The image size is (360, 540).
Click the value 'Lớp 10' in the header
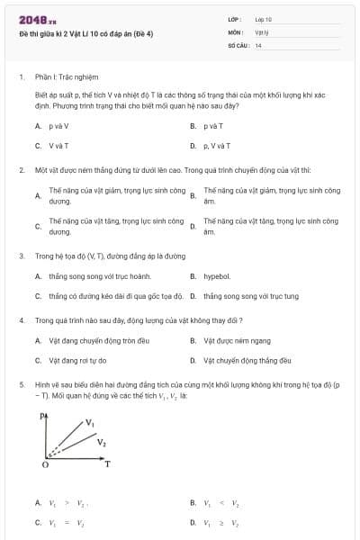264,19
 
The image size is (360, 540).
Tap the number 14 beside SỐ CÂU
258,44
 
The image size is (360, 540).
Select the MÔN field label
237,31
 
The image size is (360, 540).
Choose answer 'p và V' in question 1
58,126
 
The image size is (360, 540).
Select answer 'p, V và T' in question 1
217,145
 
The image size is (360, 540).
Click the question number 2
21,169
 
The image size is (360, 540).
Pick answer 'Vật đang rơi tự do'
77,360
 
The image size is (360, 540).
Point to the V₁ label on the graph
90,421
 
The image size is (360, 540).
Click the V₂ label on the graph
102,442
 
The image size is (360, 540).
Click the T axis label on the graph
107,463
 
